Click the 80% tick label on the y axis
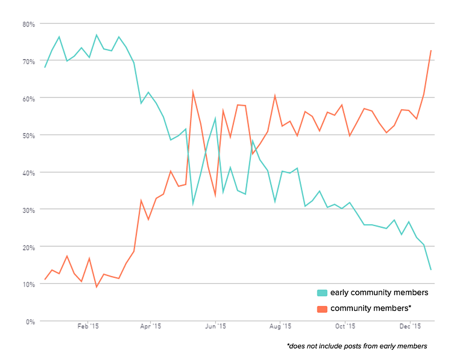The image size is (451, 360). (29, 24)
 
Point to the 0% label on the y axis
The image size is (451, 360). (30, 322)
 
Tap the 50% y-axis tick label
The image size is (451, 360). (29, 136)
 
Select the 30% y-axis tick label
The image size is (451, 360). (29, 210)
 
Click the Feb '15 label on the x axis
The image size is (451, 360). (88, 326)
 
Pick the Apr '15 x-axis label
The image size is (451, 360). (151, 326)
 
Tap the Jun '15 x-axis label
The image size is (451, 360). (215, 326)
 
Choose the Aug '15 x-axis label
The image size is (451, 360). (280, 326)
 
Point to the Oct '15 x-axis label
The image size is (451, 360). (345, 326)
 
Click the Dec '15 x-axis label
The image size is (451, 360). (410, 326)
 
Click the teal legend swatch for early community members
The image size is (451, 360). (322, 293)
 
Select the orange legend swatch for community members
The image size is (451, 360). (322, 309)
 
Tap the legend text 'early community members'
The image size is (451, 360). (379, 293)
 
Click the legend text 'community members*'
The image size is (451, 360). (371, 309)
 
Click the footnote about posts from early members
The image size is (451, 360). (357, 346)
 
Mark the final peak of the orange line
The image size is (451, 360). (431, 51)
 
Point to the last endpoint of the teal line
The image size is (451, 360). (431, 269)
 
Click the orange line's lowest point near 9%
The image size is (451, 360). (96, 287)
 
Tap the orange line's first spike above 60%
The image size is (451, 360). (193, 91)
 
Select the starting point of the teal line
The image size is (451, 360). (45, 67)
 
